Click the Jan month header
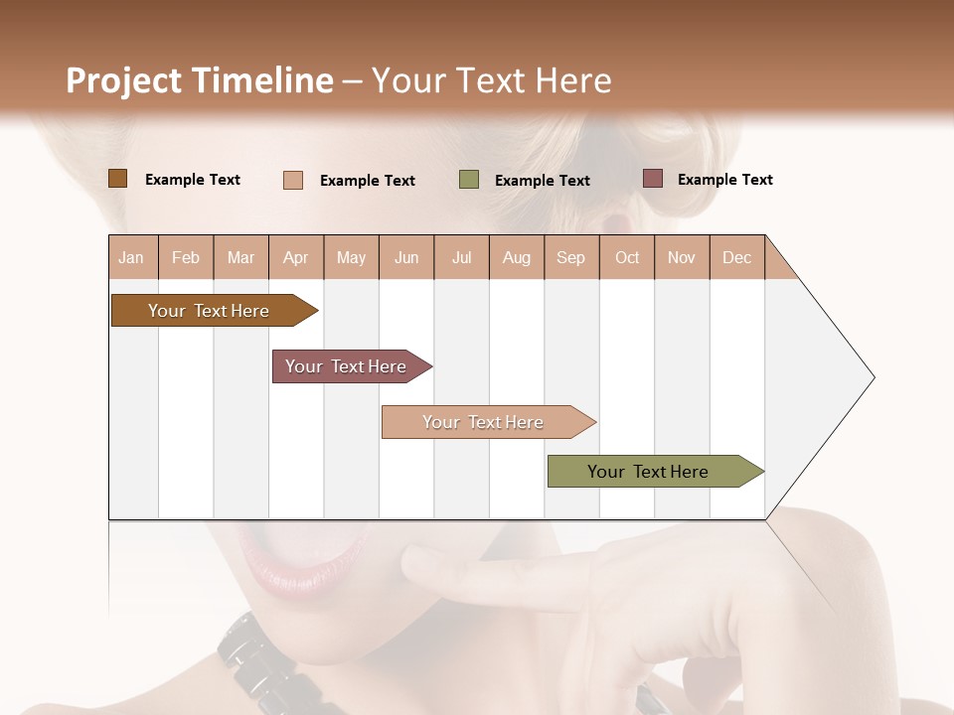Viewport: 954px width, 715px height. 131,257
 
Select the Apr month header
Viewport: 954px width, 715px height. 295,257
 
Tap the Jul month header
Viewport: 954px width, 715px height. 461,257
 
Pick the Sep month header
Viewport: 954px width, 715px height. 570,257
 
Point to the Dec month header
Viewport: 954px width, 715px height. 736,257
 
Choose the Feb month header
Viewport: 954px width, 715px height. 186,257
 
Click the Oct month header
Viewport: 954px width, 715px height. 627,257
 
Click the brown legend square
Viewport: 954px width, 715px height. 117,179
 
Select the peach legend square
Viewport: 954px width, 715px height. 293,180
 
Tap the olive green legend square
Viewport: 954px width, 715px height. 469,180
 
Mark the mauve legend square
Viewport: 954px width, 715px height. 652,179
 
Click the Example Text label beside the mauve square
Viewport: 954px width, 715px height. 724,180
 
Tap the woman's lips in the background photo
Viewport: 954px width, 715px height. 298,571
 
